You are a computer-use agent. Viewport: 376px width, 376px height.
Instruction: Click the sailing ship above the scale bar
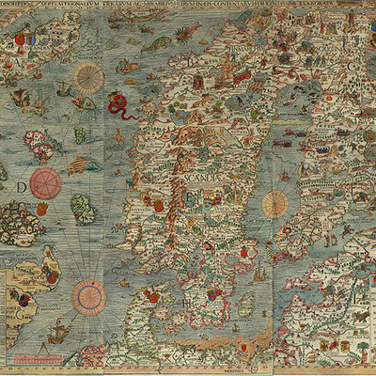click(55, 330)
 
